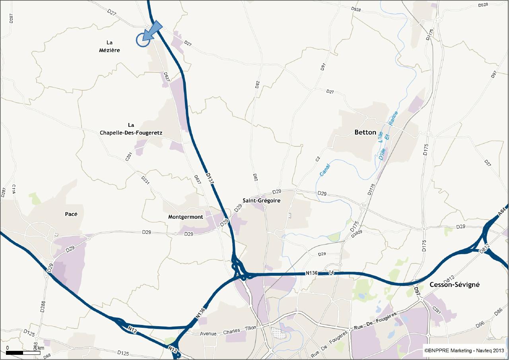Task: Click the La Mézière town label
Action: (x=110, y=46)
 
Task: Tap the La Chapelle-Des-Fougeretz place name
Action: (x=131, y=128)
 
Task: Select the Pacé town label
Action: (x=71, y=214)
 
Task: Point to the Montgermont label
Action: (x=185, y=217)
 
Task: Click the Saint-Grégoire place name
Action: (x=261, y=200)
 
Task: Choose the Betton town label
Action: (x=365, y=132)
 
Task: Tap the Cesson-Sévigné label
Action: (x=455, y=284)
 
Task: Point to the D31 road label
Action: (x=323, y=66)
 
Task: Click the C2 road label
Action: (x=318, y=159)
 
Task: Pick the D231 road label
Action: (x=146, y=180)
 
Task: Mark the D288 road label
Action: (x=43, y=306)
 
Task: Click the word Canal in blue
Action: (x=325, y=170)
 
